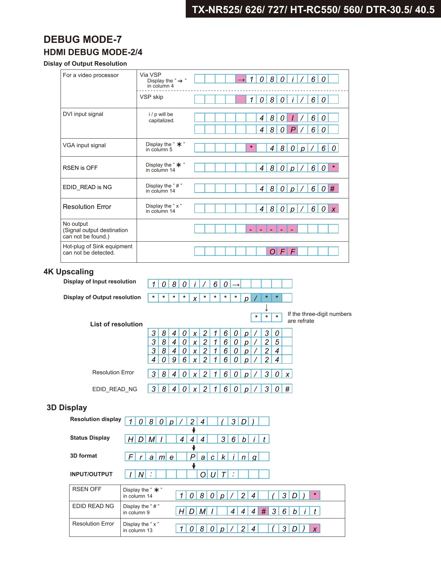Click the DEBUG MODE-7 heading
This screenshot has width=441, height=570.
pos(83,39)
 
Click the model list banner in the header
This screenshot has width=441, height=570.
pos(313,9)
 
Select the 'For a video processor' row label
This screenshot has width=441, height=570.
pos(91,75)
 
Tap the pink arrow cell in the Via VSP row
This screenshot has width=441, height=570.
pos(241,79)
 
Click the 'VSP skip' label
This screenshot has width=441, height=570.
pos(151,97)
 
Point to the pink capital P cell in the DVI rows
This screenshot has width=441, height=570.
pos(293,130)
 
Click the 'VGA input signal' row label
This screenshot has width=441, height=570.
pos(84,146)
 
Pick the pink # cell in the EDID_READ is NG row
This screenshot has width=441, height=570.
pos(333,188)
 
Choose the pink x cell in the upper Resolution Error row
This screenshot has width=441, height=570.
pos(333,209)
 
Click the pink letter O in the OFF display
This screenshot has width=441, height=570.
pos(272,251)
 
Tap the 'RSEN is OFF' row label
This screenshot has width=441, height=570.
pos(80,168)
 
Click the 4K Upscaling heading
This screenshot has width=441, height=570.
pos(68,272)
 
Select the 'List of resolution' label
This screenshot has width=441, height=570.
pos(116,324)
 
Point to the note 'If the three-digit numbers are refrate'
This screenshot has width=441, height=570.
pos(319,317)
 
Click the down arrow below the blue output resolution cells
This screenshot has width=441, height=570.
pos(266,308)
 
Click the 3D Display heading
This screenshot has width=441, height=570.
pos(67,408)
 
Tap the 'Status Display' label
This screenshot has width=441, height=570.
pos(90,438)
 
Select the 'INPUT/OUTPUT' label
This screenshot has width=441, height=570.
pos(91,474)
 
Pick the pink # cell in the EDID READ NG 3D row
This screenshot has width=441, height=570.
pos(264,511)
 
